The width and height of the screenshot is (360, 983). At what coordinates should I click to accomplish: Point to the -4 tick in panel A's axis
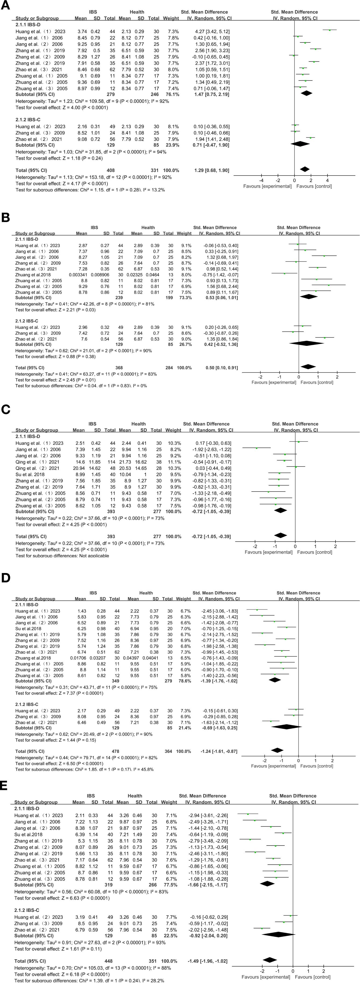coord(262,180)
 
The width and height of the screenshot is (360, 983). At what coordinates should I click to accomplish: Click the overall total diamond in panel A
coord(305,169)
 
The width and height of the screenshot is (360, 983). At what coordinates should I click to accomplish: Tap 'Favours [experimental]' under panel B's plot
coord(273,382)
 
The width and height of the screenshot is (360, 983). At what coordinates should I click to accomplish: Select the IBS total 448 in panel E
coord(107,961)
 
